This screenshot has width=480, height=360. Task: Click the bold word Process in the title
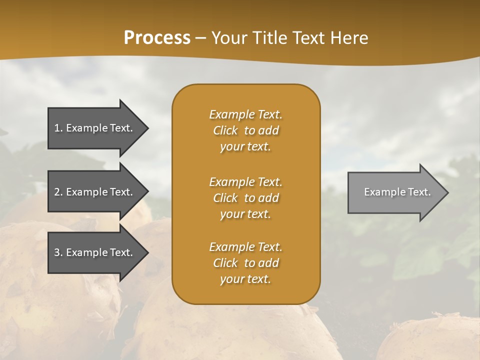click(157, 38)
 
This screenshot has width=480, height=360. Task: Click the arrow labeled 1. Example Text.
click(95, 128)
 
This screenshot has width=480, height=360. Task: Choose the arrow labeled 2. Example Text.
click(95, 192)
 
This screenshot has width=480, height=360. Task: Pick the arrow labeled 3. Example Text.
click(95, 252)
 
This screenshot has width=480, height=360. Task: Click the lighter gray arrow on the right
click(395, 192)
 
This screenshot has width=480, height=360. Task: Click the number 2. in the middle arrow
click(58, 192)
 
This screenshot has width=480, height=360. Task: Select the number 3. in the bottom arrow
click(58, 252)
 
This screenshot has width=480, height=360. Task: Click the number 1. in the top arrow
click(58, 128)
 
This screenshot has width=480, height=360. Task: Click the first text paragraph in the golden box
click(245, 130)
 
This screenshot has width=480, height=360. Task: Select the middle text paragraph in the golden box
click(245, 198)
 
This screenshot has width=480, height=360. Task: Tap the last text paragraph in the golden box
click(245, 263)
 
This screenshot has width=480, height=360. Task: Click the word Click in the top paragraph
click(225, 130)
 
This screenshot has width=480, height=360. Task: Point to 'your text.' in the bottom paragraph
click(245, 279)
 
